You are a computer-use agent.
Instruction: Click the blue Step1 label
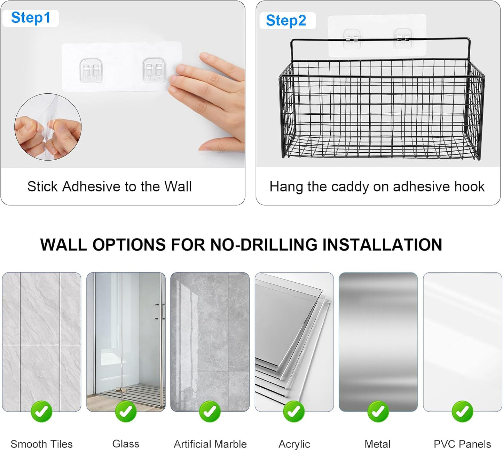[31, 18]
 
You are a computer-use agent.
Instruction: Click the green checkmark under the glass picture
[126, 412]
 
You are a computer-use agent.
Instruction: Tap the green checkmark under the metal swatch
[378, 412]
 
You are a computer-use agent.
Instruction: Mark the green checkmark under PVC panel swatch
[462, 412]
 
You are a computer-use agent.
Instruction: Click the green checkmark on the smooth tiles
[42, 412]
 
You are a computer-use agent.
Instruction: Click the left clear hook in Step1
[91, 70]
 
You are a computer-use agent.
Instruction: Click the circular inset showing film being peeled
[48, 127]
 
